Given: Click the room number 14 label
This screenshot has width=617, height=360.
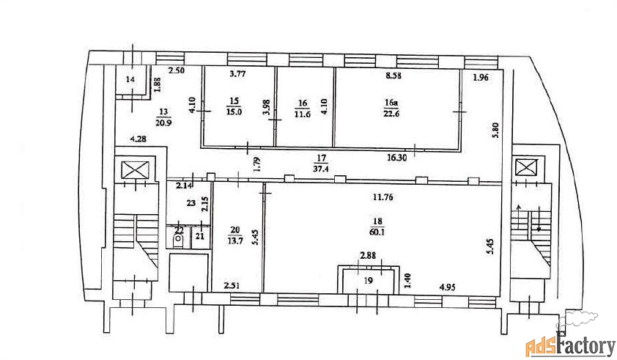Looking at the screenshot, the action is click(x=130, y=80).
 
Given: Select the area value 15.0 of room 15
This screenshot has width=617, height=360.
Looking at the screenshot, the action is click(x=234, y=112).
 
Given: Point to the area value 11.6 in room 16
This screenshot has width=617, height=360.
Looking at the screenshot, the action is click(x=302, y=114).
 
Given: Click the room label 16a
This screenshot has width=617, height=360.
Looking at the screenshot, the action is click(x=391, y=103).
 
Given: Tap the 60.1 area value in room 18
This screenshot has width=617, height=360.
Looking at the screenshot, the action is click(x=377, y=232).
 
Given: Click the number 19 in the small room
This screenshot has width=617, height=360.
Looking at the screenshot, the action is click(x=369, y=281).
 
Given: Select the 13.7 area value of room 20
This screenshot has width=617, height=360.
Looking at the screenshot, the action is click(x=235, y=240).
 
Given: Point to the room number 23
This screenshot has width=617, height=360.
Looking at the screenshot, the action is click(x=191, y=203).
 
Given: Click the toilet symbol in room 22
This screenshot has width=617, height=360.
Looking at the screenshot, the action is click(x=179, y=240).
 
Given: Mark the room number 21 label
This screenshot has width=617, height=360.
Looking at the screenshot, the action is click(x=200, y=236).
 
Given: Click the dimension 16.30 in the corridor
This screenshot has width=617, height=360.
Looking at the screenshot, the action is click(x=396, y=158).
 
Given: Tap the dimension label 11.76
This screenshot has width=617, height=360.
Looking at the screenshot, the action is click(x=383, y=197).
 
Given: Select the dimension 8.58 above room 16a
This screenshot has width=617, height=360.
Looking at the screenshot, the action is click(x=394, y=76).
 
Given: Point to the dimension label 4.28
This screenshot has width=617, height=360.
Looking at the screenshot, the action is click(x=139, y=139).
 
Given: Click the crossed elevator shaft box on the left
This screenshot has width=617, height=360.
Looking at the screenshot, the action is click(x=135, y=171).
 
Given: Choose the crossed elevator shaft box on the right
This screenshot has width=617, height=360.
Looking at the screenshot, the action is click(x=526, y=168).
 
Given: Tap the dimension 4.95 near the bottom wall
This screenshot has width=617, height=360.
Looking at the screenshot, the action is click(x=448, y=287).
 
